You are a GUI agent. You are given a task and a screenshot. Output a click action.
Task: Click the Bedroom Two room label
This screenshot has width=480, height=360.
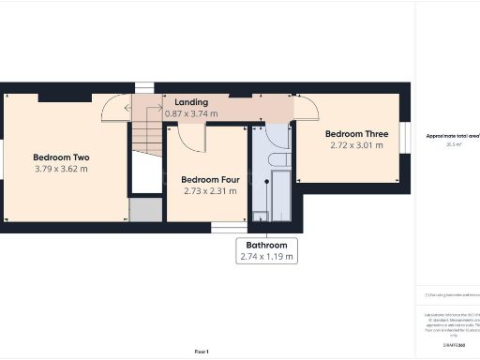61,157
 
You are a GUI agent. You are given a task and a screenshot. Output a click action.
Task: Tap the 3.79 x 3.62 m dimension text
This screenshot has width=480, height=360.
61,169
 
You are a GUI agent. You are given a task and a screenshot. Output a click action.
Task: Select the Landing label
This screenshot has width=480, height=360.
191,101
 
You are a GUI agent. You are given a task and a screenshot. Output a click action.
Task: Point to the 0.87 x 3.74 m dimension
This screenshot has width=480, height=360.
191,113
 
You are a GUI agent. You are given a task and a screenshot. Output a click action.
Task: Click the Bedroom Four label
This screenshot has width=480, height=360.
208,179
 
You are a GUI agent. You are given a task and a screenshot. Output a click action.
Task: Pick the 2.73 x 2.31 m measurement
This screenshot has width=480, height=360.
208,191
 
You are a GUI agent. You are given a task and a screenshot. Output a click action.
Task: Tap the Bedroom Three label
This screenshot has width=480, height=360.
356,133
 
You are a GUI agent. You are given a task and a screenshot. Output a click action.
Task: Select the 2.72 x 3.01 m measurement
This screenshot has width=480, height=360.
356,145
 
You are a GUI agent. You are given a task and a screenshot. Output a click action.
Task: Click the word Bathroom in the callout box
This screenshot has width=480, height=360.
267,244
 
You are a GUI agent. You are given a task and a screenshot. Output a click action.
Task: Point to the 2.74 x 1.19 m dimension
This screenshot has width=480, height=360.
267,256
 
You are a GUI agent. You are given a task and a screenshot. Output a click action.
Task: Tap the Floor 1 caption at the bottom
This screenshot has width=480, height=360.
201,351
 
